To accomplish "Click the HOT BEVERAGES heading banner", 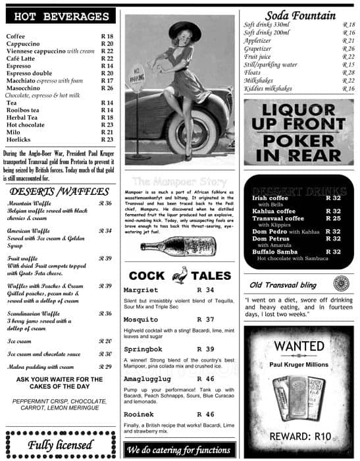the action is pos(61,16).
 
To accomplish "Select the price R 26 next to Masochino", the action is pos(107,88).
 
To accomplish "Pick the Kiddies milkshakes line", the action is pos(270,89).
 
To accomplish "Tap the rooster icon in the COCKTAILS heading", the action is pos(179,275).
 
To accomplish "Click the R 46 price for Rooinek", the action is pos(205,414).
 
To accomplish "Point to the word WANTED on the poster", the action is pos(299,346).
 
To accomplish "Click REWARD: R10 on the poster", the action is pos(299,436).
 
